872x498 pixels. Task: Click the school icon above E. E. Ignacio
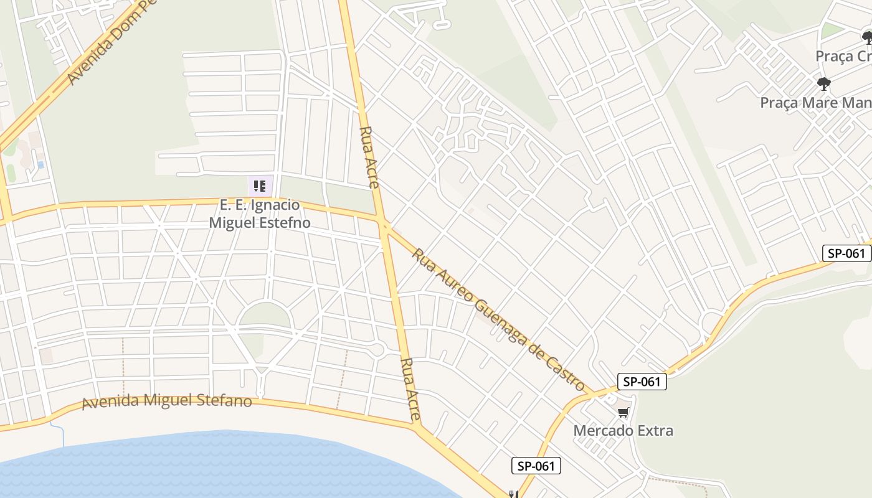click(260, 186)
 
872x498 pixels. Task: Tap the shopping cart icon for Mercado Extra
click(623, 412)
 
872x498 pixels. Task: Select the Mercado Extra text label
click(623, 430)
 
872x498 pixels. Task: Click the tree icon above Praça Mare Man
click(824, 84)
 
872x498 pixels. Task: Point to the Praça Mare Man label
click(815, 102)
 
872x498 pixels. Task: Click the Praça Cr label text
click(843, 56)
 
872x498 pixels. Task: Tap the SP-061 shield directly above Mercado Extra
click(642, 382)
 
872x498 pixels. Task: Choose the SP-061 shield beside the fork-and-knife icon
click(536, 466)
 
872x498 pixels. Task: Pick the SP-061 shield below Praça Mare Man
click(846, 253)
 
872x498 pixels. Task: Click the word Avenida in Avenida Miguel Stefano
click(110, 402)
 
